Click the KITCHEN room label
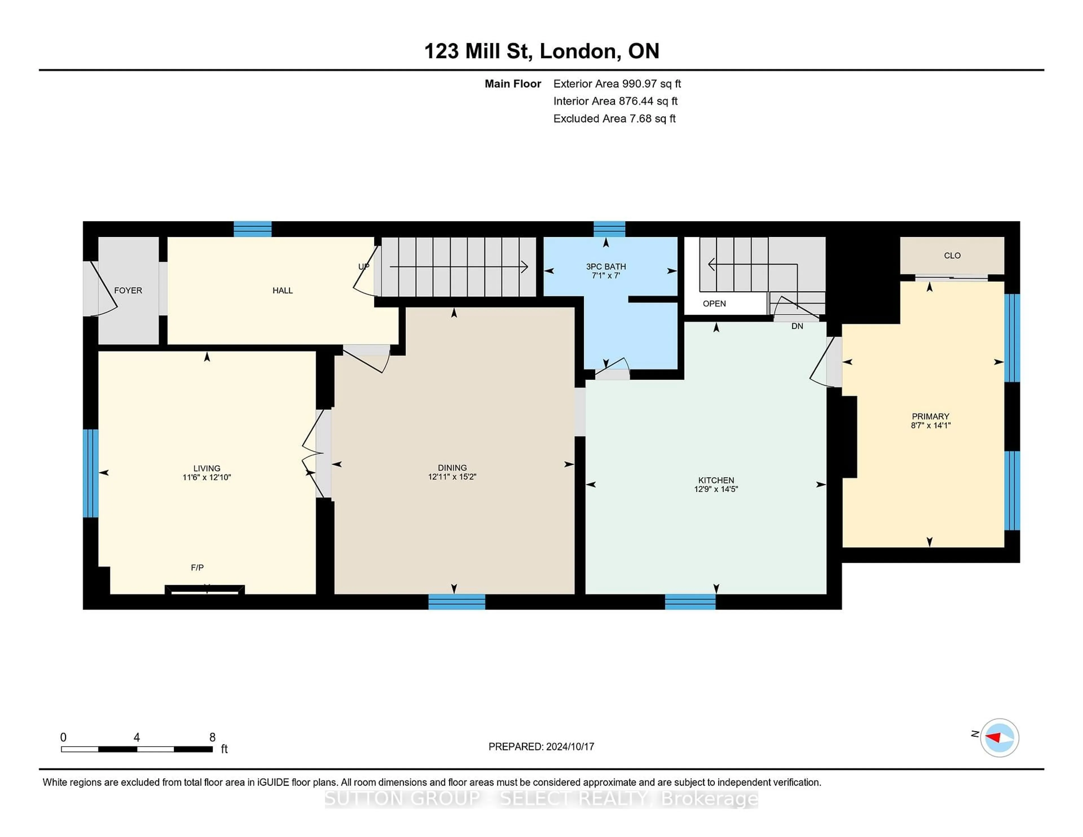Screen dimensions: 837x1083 pos(716,480)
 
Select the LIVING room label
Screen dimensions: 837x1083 pos(207,468)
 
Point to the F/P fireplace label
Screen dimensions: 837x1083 pos(197,567)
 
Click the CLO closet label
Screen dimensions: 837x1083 pos(952,255)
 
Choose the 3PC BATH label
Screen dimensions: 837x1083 pos(606,266)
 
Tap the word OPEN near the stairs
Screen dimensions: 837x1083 pos(714,303)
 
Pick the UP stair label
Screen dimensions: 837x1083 pos(364,266)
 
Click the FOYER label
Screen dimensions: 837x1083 pos(128,290)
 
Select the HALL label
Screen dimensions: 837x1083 pos(282,290)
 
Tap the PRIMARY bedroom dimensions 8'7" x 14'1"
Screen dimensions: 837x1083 pos(930,425)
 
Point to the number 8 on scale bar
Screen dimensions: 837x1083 pos(212,737)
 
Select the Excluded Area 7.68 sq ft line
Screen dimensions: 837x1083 pos(614,118)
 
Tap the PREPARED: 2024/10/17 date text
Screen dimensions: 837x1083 pos(541,746)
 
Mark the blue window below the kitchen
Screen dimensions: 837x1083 pos(690,602)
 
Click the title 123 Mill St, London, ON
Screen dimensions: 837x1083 pos(541,51)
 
